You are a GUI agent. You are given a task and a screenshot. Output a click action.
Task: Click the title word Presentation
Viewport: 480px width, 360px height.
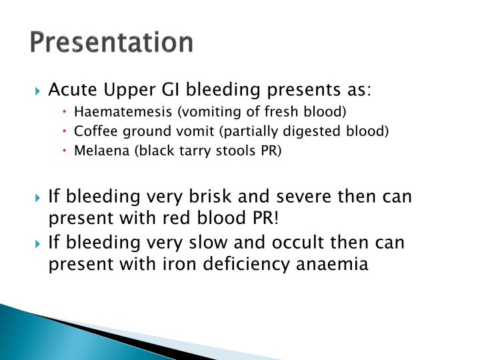(x=111, y=42)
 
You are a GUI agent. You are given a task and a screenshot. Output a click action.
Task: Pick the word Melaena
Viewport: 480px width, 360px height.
(x=97, y=151)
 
